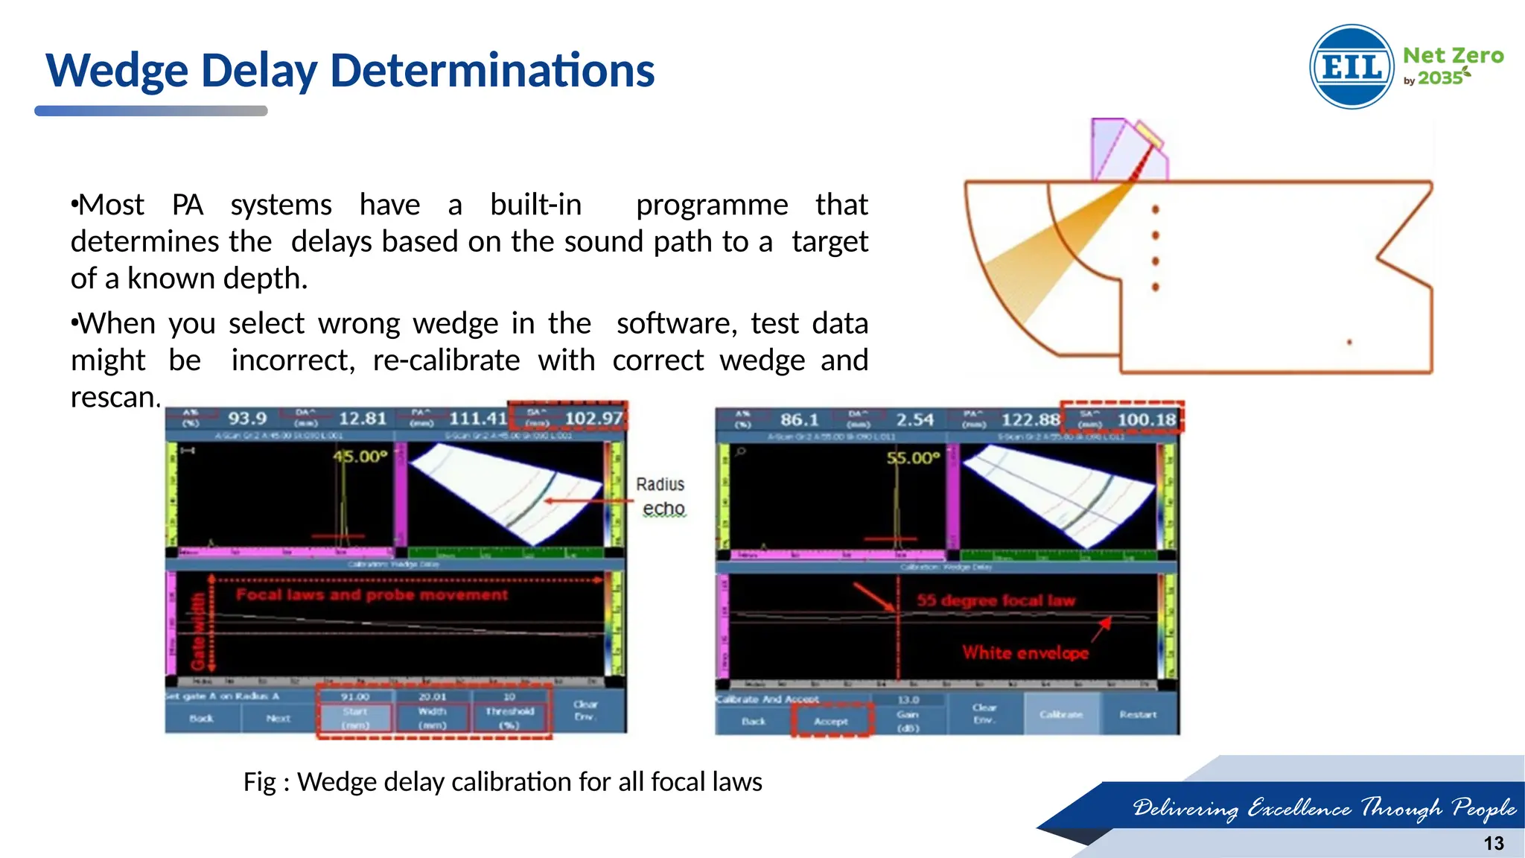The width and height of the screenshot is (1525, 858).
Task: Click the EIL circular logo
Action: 1352,67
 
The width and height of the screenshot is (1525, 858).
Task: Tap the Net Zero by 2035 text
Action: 1452,66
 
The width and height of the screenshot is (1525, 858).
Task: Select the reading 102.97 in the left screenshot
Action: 593,419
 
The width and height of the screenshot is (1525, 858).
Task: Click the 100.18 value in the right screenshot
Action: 1145,420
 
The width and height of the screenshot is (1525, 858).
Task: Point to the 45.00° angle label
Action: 360,456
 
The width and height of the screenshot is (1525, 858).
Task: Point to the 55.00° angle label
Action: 913,457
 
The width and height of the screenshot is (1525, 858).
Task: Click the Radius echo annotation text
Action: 661,496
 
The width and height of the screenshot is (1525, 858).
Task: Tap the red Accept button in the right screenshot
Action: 830,721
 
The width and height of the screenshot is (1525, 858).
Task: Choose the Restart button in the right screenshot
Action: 1138,714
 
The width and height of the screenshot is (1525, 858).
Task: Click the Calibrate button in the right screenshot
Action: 1061,714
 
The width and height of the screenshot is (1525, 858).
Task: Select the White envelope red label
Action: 1025,652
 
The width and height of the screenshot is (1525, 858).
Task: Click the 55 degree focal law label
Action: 996,600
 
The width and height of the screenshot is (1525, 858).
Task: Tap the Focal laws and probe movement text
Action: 372,594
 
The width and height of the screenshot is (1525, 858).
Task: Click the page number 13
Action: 1493,843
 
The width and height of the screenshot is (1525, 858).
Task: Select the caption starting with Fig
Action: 503,782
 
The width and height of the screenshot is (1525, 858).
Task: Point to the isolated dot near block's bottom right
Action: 1349,343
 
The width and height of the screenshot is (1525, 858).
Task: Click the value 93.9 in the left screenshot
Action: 246,419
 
